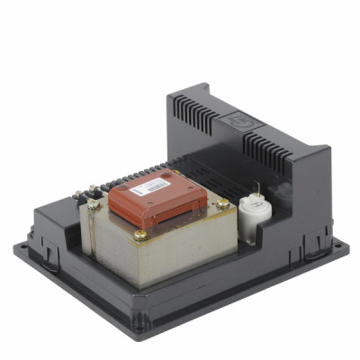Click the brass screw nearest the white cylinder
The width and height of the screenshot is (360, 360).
(222, 205)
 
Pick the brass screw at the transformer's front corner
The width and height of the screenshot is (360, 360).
(141, 236)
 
